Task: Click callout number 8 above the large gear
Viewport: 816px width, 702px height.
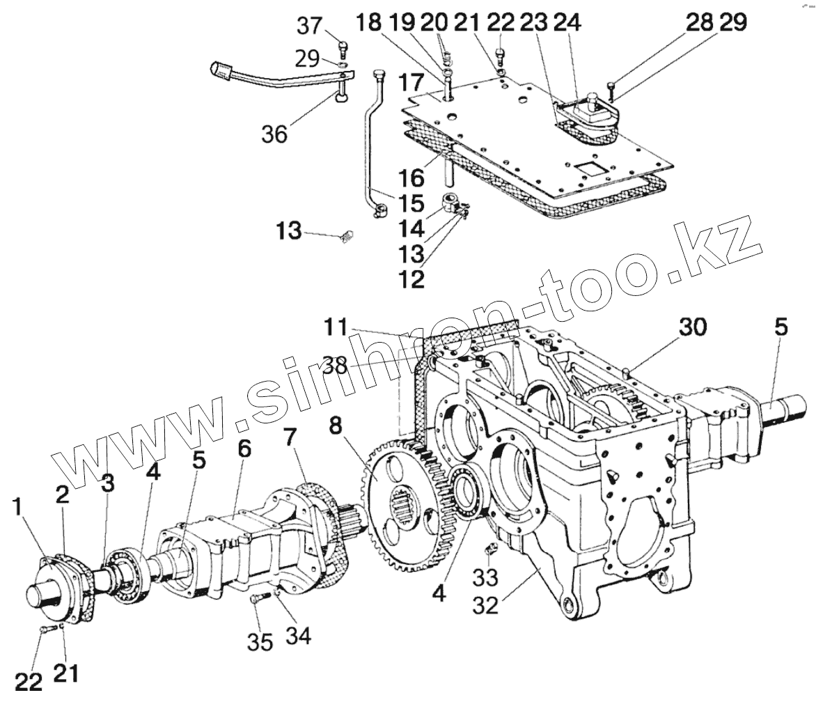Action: click(x=336, y=426)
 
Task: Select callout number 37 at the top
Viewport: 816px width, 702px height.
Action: click(x=310, y=26)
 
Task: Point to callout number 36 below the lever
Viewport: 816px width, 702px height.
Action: click(x=274, y=133)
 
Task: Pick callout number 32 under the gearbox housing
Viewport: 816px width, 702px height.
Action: click(x=485, y=604)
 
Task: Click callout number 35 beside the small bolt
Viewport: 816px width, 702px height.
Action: click(x=260, y=641)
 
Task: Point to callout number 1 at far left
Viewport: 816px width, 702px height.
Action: click(x=22, y=508)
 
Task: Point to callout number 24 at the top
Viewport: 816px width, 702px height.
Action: click(x=567, y=23)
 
